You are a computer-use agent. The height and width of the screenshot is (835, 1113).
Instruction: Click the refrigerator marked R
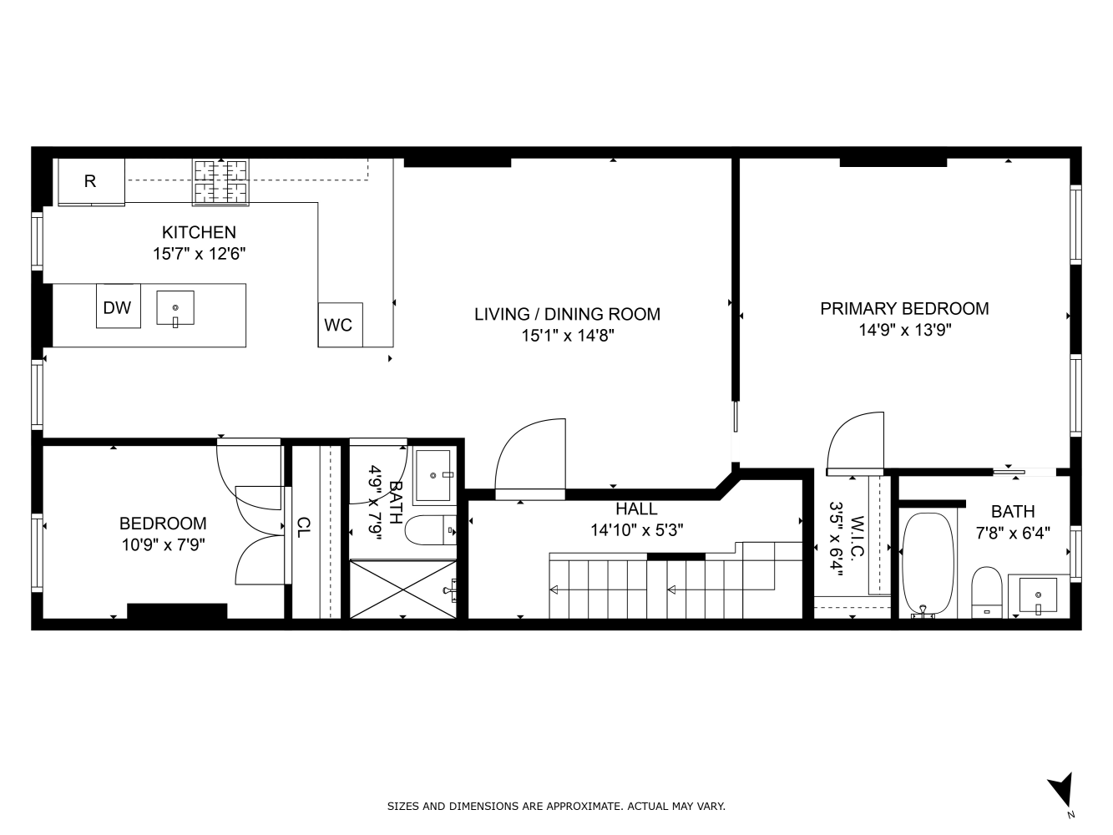coord(91,182)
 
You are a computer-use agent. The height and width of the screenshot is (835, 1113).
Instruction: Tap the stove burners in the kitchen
coord(220,183)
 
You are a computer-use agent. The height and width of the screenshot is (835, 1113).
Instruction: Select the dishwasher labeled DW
coord(118,306)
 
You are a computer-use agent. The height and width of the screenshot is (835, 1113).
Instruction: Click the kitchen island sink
coord(175,308)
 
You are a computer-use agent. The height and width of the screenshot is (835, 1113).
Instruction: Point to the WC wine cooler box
coord(340,325)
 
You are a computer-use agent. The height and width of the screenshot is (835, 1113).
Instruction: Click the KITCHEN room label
coord(199,232)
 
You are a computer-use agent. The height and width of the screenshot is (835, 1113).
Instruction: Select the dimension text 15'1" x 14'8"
coord(568,336)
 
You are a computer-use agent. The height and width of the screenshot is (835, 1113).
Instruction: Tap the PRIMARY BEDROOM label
coord(904,309)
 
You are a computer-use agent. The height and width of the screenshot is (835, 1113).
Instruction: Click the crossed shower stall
coord(403,589)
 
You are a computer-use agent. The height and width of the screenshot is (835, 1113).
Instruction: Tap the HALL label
coord(636,509)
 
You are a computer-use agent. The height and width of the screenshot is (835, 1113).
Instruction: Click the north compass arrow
coord(1060,791)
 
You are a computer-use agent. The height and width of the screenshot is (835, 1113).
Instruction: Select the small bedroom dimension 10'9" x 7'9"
coord(164,545)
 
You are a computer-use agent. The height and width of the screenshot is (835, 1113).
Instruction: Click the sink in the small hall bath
coord(433,475)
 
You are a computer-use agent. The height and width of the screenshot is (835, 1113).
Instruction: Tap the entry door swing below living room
coord(530,458)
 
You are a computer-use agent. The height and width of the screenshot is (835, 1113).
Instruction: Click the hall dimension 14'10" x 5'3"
coord(636,530)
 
